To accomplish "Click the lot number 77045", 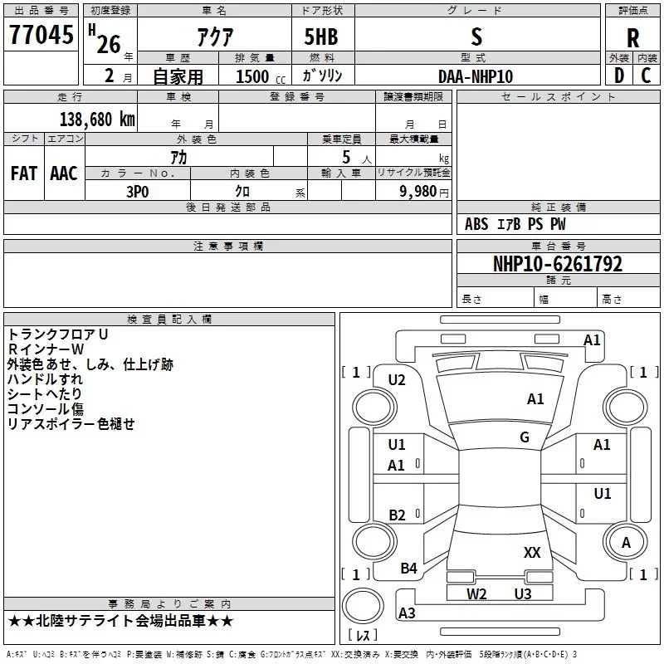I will [x=41, y=36].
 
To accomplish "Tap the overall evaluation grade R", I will [x=633, y=37].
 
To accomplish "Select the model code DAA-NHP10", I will [x=476, y=76].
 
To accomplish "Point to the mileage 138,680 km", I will [x=97, y=119].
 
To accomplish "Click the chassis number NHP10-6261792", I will [x=557, y=264].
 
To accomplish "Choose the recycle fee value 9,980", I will [x=412, y=191].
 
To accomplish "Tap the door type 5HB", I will [x=320, y=37].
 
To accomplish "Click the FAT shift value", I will [x=24, y=173].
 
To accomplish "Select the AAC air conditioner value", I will [x=64, y=173].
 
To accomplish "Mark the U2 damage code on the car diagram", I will [x=397, y=380].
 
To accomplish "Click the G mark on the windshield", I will [x=525, y=437].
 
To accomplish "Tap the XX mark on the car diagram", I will [x=532, y=552].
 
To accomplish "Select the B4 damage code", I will [x=408, y=569].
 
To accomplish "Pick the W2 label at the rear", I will [x=476, y=593].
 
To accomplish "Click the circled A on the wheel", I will [x=626, y=542].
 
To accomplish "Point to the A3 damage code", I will [x=407, y=613].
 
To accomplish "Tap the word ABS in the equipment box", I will [x=476, y=224].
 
